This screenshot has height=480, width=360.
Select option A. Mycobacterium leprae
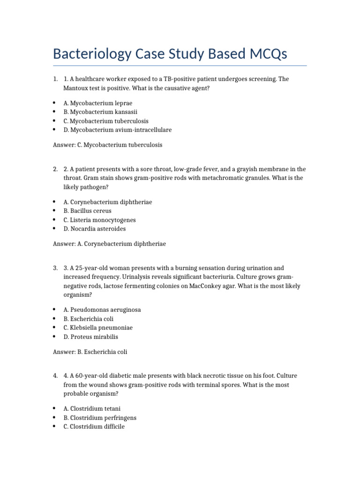click(98, 103)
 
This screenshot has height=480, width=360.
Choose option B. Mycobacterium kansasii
click(101, 112)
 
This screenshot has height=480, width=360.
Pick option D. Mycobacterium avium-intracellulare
click(118, 129)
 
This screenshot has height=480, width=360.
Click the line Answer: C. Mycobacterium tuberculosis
click(108, 145)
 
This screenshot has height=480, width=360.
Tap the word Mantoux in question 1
click(75, 88)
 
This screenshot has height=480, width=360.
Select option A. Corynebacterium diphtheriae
click(108, 202)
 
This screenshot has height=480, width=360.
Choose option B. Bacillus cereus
click(88, 211)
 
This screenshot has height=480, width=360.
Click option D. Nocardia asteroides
click(95, 229)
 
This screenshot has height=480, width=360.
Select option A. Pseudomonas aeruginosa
click(102, 310)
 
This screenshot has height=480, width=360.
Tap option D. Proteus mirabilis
click(91, 337)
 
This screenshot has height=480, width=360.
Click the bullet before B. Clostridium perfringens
click(55, 418)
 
